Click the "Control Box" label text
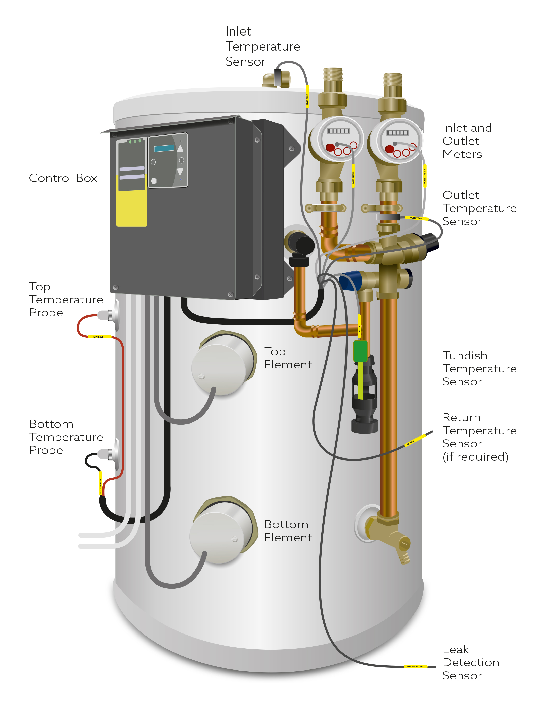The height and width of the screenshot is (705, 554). [x=63, y=178]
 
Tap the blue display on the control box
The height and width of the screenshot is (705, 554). [x=164, y=148]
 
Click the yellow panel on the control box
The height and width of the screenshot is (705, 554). [x=131, y=207]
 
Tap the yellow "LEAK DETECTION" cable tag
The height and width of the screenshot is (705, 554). [x=415, y=667]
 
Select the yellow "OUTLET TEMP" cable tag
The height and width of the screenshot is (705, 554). [x=416, y=218]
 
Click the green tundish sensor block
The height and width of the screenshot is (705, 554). [x=360, y=351]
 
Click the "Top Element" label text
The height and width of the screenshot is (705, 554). [x=288, y=358]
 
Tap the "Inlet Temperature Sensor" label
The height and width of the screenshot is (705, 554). [x=262, y=46]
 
